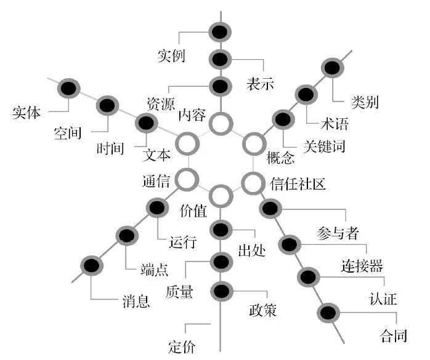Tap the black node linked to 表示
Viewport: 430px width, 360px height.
(220, 60)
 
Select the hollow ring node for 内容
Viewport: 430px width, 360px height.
(220, 123)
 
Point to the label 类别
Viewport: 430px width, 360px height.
(365, 102)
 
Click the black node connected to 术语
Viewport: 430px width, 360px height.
(306, 95)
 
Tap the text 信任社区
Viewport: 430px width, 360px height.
(298, 183)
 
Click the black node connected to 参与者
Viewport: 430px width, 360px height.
(270, 209)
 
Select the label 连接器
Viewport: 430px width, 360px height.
(362, 266)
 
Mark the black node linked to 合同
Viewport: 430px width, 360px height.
(329, 312)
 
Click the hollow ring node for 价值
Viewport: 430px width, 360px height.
(220, 196)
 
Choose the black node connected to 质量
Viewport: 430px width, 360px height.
(221, 262)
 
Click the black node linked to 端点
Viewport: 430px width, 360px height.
(127, 235)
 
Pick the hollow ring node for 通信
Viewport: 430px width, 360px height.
(187, 180)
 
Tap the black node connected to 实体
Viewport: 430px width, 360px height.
(67, 88)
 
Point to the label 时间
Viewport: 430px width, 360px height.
(112, 148)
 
